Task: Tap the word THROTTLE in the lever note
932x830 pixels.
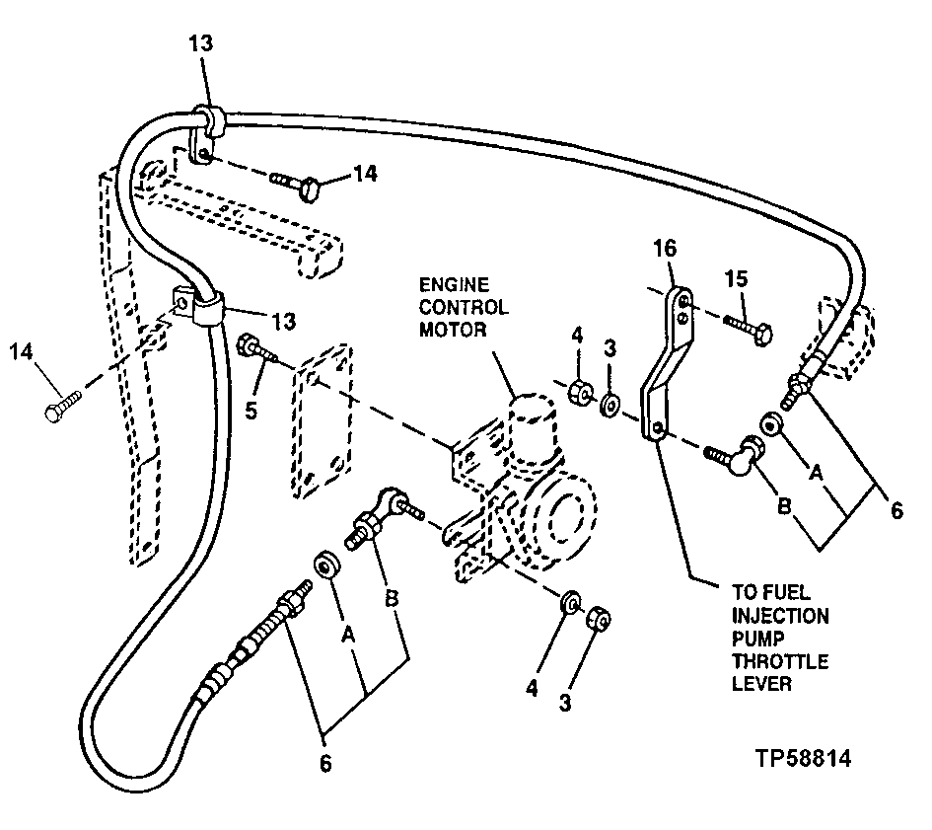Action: pos(778,660)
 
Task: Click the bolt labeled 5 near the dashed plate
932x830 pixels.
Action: pos(258,351)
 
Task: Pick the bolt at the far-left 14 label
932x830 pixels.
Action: pos(65,407)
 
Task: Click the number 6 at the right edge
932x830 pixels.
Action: pos(895,511)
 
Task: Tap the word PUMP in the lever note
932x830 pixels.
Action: pos(755,639)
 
